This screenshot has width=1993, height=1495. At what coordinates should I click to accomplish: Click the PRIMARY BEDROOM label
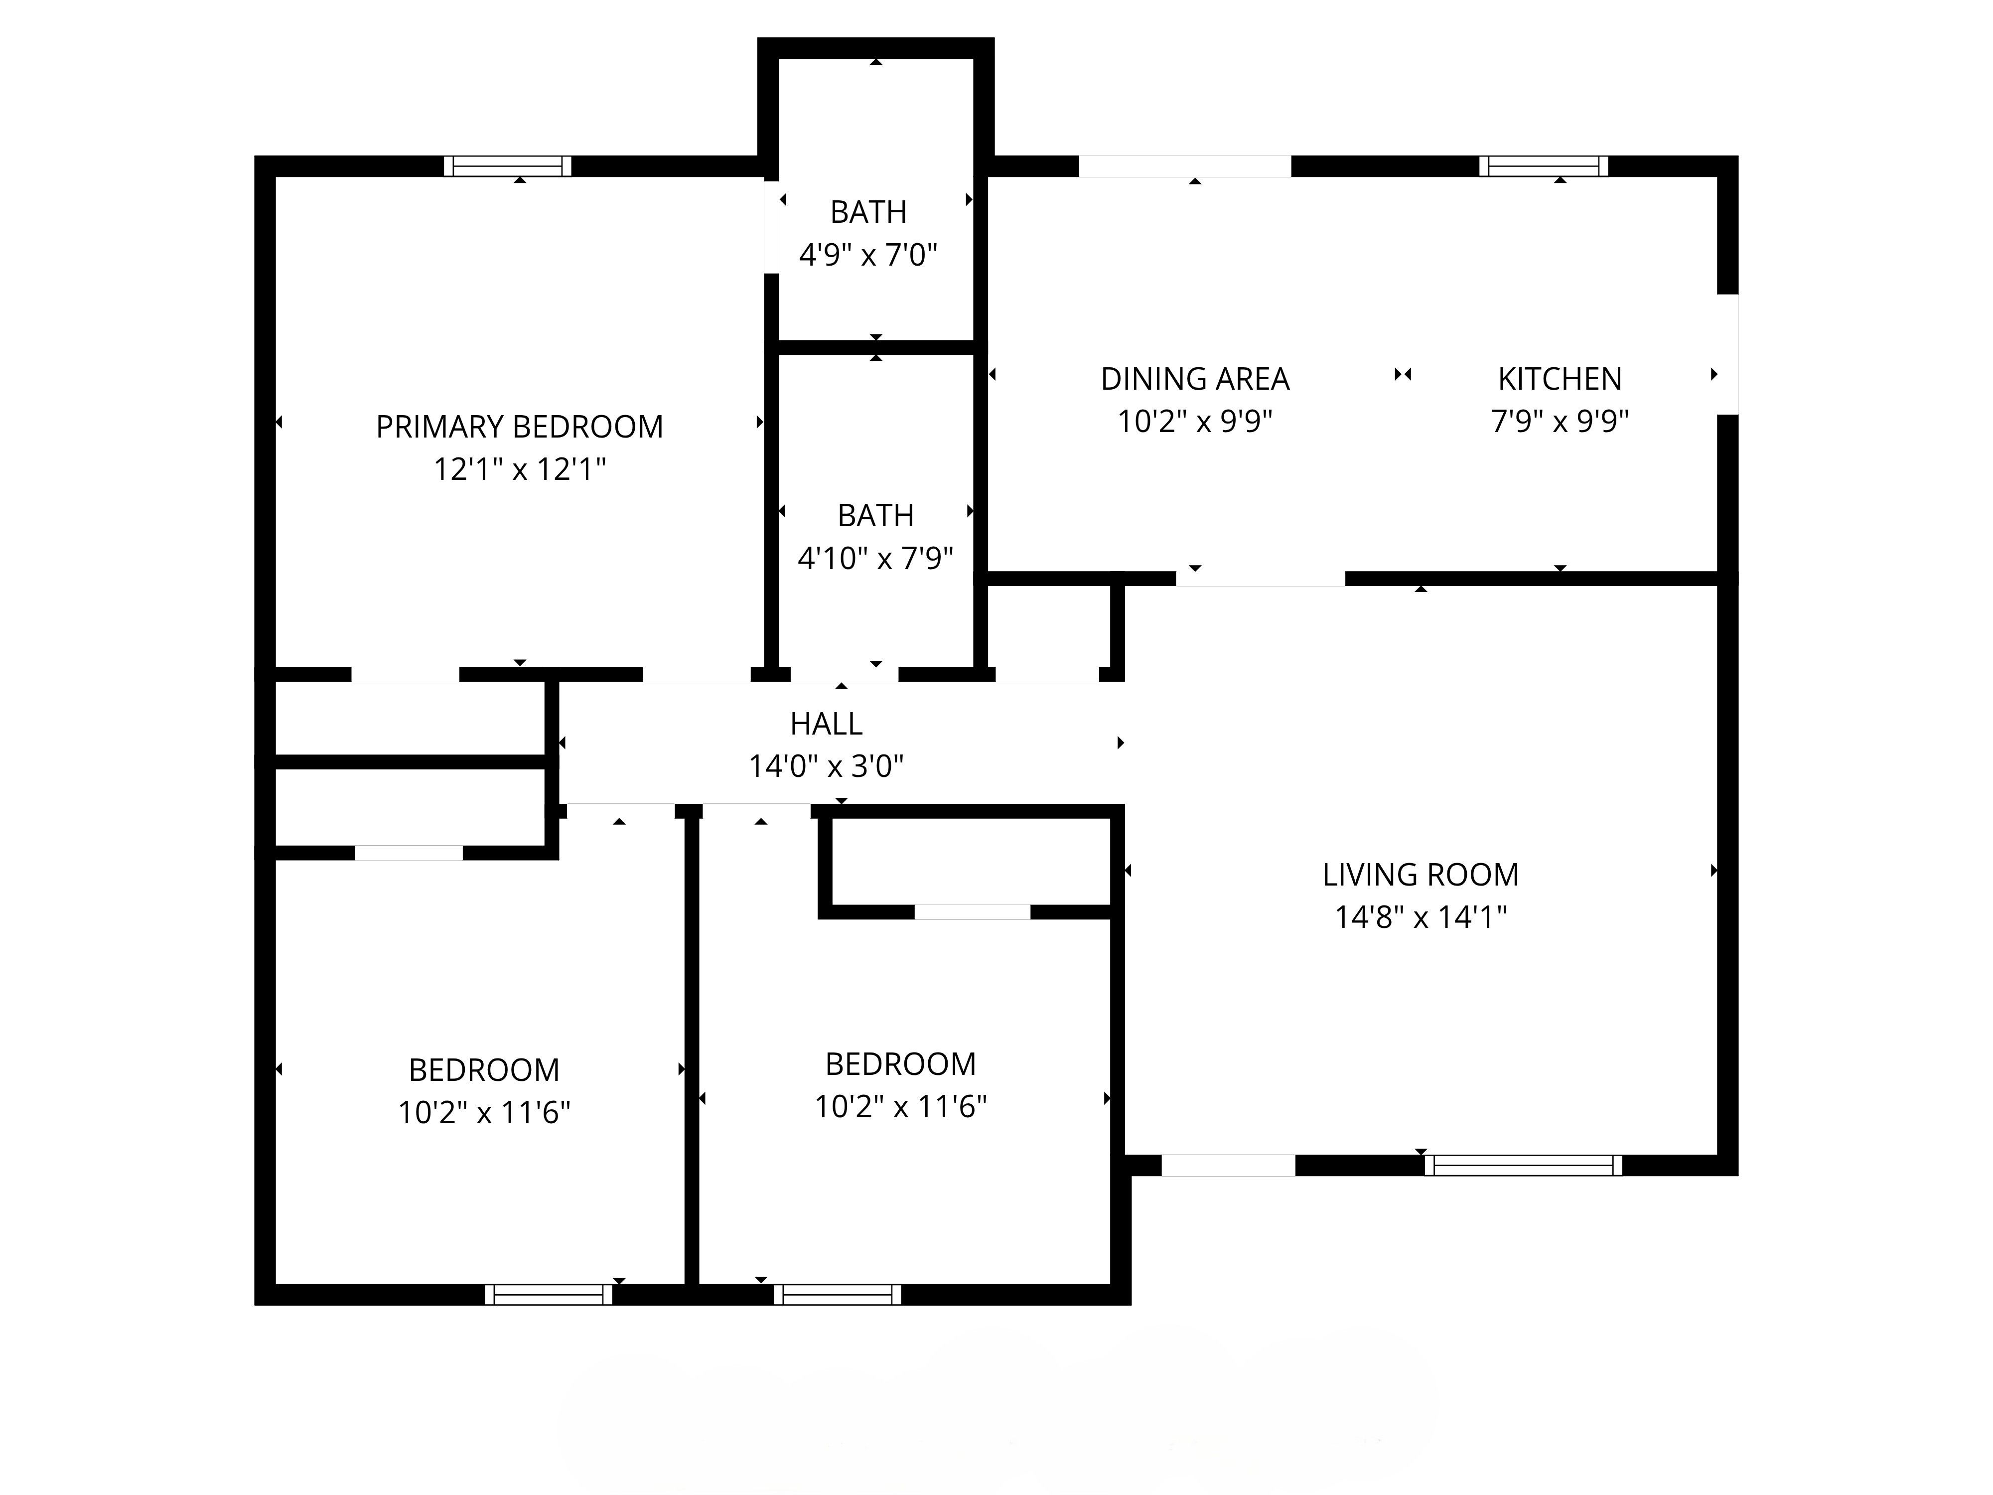point(519,426)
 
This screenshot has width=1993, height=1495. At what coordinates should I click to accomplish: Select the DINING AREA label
point(1195,378)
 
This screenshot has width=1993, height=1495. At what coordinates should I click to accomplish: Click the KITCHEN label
point(1560,378)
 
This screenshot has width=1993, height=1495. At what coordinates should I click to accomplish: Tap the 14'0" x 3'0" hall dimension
point(826,766)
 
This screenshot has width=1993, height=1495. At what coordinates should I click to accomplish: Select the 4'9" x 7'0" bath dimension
point(868,255)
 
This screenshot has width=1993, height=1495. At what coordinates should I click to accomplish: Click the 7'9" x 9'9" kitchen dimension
point(1560,421)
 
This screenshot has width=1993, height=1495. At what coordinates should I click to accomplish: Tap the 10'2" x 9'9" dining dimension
point(1195,421)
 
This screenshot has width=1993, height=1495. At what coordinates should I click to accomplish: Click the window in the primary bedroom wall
point(508,166)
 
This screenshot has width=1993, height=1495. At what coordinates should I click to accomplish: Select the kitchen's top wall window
point(1544,166)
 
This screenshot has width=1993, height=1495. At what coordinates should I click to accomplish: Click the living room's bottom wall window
point(1523,1165)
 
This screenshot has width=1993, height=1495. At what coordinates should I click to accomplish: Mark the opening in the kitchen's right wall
point(1727,354)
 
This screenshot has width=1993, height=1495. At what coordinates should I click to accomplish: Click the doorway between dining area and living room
point(1261,579)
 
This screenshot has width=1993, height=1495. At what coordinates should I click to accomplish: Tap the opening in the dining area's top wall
point(1185,166)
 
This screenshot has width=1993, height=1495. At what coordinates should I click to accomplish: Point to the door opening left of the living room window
point(1228,1165)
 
